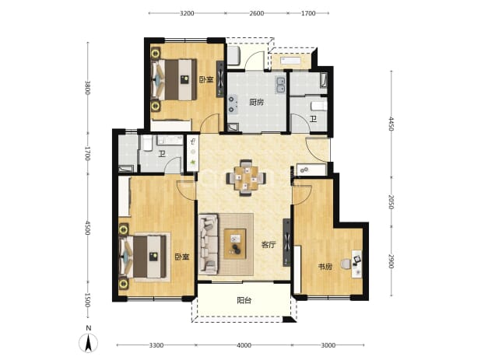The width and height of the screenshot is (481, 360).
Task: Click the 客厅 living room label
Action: tap(269, 245)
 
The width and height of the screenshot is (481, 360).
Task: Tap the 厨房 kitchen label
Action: tap(256, 102)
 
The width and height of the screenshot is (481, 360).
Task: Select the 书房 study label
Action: tap(325, 267)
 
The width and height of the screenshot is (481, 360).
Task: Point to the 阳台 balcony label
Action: tap(244, 300)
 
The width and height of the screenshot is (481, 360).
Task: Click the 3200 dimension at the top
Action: tap(187, 13)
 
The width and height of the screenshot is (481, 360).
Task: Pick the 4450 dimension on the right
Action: tap(391, 124)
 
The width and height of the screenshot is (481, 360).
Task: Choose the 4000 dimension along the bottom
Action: tap(244, 345)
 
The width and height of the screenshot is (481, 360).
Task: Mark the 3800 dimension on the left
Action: tap(88, 88)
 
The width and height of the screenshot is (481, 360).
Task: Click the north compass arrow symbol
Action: tap(89, 342)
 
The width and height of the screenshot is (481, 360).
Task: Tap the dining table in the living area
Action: tap(246, 177)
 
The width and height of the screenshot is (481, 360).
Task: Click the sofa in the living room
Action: tap(209, 244)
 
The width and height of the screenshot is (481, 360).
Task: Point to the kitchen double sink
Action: tap(280, 85)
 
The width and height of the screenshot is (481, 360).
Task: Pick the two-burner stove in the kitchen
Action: tap(232, 104)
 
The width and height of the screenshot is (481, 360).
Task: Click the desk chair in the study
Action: tap(346, 264)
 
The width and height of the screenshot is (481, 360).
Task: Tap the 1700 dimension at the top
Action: tap(308, 13)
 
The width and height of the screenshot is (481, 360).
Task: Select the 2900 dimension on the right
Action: tap(391, 261)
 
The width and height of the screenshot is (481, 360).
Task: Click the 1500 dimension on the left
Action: tap(88, 300)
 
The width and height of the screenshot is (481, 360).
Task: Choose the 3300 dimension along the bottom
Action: tap(156, 345)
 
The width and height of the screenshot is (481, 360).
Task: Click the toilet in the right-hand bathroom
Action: tap(319, 107)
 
